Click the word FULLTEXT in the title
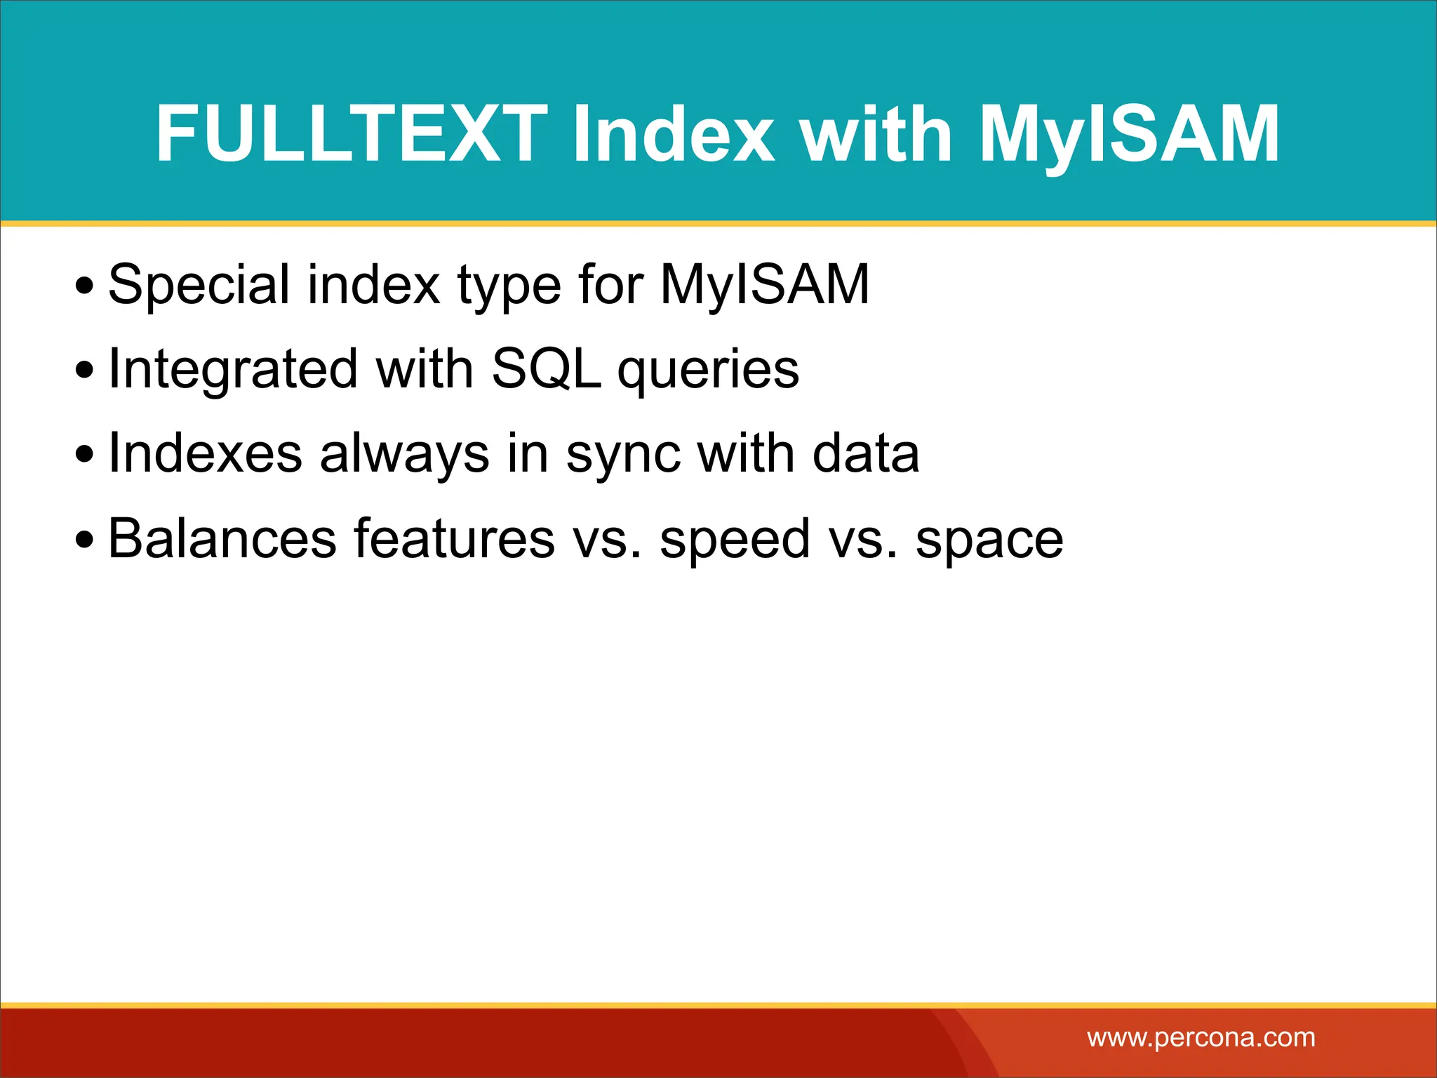tap(351, 133)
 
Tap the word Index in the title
tap(674, 133)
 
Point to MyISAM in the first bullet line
tap(765, 284)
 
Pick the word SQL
tap(546, 369)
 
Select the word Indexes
tap(205, 453)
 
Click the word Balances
tap(222, 538)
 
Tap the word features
tap(454, 538)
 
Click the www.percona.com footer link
tap(1201, 1037)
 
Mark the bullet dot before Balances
tap(85, 540)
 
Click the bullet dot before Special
tap(85, 286)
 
